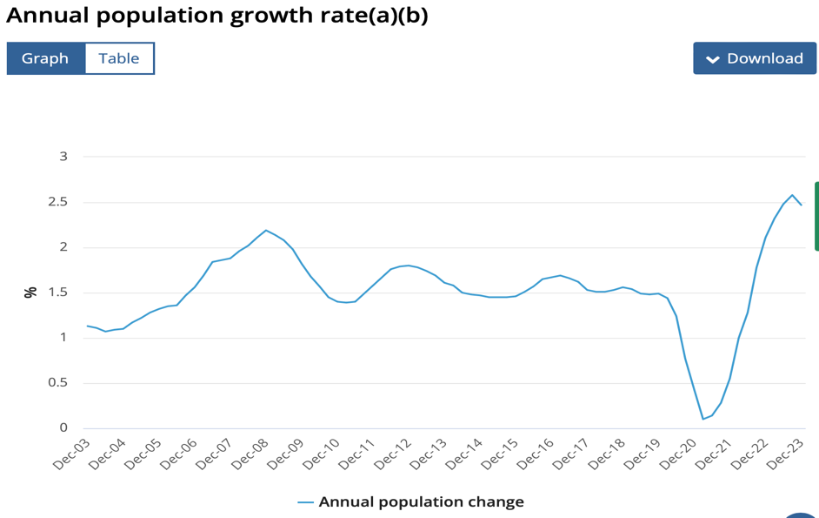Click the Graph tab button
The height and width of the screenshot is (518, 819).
click(x=45, y=58)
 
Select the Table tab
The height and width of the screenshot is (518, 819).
click(x=119, y=58)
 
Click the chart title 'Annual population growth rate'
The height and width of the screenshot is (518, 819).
click(x=216, y=15)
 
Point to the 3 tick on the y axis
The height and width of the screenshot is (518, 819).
click(x=63, y=157)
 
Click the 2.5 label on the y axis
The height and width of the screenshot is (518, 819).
click(x=58, y=202)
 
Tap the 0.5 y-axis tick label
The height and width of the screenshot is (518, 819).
click(x=58, y=383)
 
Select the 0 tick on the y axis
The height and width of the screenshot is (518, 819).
click(x=63, y=427)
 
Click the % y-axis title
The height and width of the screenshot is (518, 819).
click(x=31, y=292)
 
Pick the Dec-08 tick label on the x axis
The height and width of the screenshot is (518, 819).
click(x=250, y=454)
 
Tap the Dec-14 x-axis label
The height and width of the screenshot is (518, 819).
click(x=463, y=454)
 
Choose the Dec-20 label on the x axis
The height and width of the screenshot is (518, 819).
click(x=677, y=454)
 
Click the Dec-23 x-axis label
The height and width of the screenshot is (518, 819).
click(x=784, y=454)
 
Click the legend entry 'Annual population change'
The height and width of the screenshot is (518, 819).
click(x=421, y=501)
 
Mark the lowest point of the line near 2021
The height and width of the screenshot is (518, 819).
click(x=703, y=419)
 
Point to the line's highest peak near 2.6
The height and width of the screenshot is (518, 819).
click(x=792, y=195)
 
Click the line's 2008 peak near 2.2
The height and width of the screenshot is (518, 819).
click(x=266, y=230)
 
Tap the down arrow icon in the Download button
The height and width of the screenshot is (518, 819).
click(x=713, y=59)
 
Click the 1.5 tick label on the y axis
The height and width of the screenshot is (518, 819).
click(x=58, y=293)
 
